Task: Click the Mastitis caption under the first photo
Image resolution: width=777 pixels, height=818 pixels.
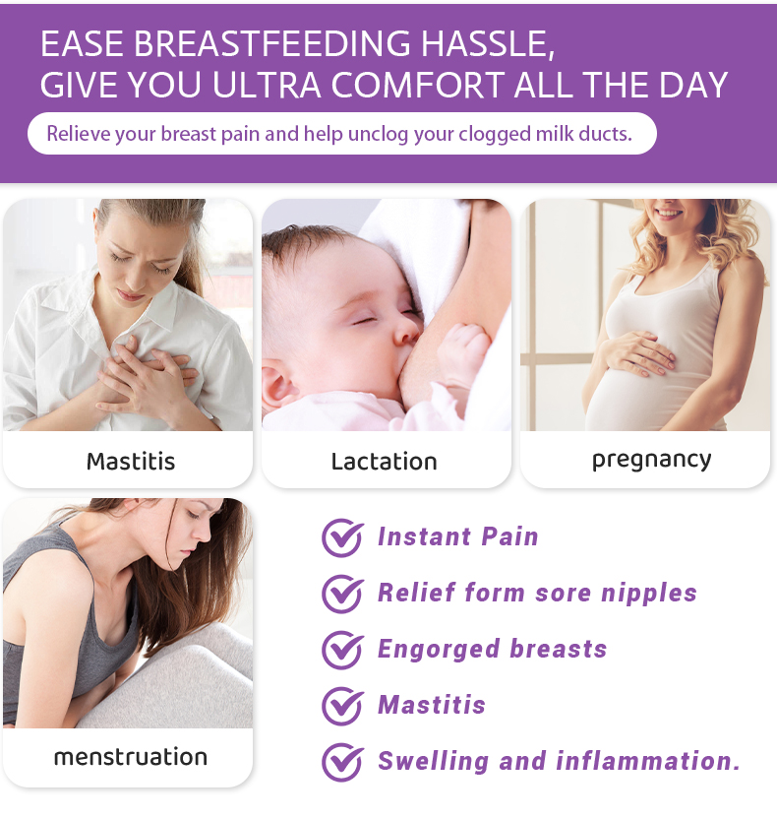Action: click(130, 461)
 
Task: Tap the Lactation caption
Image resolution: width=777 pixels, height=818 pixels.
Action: click(384, 462)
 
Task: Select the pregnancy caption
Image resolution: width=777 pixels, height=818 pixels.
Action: click(651, 460)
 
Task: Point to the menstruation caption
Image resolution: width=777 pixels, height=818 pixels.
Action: click(130, 757)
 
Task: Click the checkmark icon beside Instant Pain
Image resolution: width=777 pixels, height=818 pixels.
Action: click(342, 537)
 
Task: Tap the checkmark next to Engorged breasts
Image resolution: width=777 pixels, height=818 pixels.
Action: click(342, 650)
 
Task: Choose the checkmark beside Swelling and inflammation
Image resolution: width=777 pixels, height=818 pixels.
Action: click(342, 762)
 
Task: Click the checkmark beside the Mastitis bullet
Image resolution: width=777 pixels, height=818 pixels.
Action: click(342, 706)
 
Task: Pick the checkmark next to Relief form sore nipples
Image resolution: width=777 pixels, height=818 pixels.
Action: click(342, 594)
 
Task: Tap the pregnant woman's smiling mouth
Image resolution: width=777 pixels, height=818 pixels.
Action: click(669, 211)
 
